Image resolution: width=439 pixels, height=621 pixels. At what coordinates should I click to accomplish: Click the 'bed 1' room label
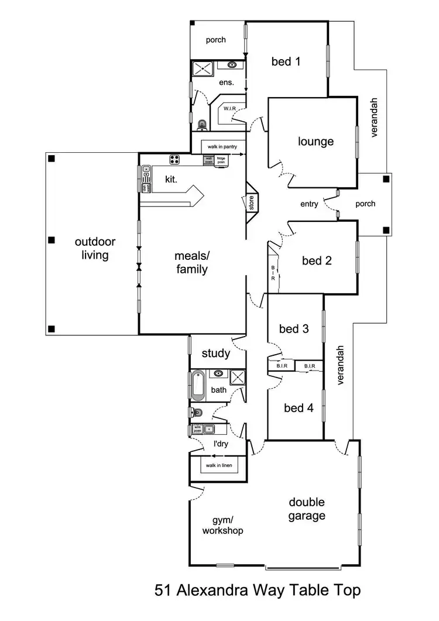[x=286, y=61]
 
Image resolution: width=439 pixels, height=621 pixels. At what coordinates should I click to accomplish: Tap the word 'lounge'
[x=315, y=141]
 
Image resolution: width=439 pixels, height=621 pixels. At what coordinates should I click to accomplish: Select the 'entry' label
[x=309, y=204]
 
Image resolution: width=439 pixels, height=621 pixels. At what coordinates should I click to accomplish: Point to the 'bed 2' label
[x=317, y=261]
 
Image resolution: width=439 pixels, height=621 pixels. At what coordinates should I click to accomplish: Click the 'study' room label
[x=216, y=354]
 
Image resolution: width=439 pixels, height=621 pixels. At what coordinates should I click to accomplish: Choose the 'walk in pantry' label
[x=222, y=147]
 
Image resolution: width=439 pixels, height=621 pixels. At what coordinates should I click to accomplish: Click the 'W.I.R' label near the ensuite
[x=229, y=109]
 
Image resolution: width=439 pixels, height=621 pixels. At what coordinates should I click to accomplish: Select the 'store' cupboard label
[x=251, y=203]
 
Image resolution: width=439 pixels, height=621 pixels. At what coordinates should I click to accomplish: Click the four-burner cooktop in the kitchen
[x=174, y=158]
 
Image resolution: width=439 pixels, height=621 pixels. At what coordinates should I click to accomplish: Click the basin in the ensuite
[x=232, y=65]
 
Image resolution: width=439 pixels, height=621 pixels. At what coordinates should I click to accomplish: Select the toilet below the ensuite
[x=203, y=124]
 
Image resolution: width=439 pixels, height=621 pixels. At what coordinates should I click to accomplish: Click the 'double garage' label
[x=306, y=509]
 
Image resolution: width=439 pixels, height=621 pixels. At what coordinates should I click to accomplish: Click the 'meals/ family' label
[x=191, y=263]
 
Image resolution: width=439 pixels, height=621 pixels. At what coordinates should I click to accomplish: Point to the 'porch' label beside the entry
[x=366, y=204]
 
